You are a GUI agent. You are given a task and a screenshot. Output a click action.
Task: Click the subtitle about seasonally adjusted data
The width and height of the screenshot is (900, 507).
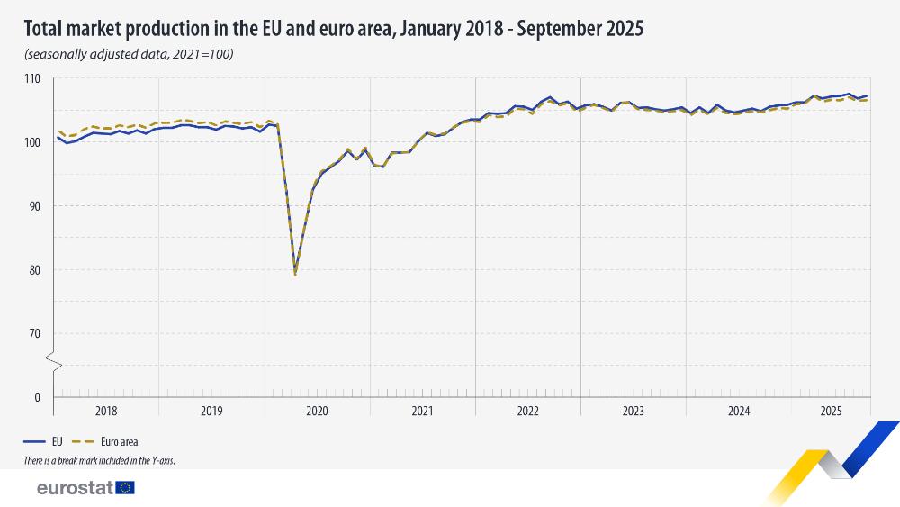[130, 54]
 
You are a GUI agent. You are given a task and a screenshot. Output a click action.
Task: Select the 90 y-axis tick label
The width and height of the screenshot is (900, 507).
[35, 206]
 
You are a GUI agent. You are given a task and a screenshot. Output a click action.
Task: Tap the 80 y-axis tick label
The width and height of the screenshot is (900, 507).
[35, 270]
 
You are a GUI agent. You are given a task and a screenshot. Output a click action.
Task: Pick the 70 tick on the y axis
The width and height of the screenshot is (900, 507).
[35, 334]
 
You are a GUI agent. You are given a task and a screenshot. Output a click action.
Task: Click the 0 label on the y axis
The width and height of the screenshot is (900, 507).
[38, 397]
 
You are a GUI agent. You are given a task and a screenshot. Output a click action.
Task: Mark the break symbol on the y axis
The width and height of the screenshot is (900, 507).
[53, 365]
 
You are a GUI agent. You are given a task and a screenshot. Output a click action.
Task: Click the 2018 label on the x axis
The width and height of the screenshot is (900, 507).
[106, 412]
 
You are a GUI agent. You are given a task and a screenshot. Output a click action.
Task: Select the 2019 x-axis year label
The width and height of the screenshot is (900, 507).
[211, 412]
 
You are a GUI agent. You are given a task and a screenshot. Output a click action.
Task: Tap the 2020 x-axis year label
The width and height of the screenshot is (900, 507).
[317, 412]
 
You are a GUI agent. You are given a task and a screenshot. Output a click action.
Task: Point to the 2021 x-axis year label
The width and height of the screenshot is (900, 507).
[423, 412]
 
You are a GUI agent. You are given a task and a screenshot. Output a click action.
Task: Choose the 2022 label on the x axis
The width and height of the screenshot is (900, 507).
[528, 412]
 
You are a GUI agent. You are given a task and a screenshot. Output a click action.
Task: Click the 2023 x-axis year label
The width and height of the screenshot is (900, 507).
[634, 412]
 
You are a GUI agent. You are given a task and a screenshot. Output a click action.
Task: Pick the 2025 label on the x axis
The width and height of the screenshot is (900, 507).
[831, 412]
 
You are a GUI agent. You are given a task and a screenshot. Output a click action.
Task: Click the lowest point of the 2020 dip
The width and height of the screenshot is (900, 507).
[295, 273]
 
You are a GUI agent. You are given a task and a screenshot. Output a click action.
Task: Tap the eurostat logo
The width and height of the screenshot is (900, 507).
[85, 487]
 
